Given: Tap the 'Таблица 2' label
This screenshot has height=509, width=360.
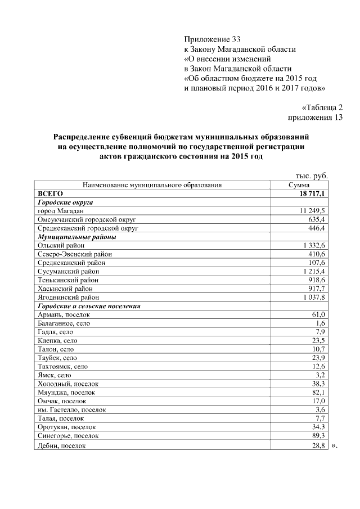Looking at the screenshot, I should coord(322,107).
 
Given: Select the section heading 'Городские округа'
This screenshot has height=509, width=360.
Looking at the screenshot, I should coord(65,202).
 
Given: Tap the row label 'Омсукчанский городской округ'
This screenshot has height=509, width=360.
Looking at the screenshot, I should coord(87,219).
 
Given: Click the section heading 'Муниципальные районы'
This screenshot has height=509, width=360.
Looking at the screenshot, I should coord(76,237).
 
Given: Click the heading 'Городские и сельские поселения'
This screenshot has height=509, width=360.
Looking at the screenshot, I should coord(88,306).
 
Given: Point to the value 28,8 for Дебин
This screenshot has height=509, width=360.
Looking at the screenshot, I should coord(318,445).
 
